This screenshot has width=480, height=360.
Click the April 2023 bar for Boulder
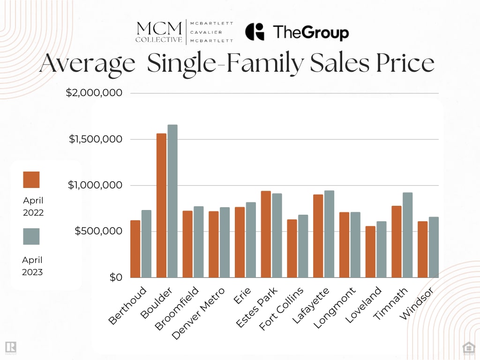[172, 201]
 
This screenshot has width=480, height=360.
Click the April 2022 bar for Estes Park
[266, 234]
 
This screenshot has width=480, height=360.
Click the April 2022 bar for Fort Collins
[292, 248]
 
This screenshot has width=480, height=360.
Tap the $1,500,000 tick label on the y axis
[96, 139]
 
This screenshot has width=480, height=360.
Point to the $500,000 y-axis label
[98, 231]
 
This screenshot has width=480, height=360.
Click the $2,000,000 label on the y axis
[94, 93]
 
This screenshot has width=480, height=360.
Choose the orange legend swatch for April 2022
[31, 180]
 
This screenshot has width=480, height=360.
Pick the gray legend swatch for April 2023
[31, 236]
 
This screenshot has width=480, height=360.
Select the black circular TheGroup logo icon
[255, 32]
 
